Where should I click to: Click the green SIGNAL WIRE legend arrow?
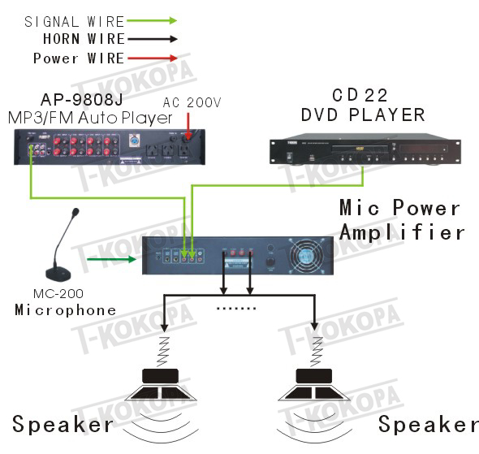pyautogui.click(x=152, y=21)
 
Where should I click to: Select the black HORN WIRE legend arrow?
pyautogui.click(x=153, y=39)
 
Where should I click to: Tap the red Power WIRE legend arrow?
pyautogui.click(x=153, y=58)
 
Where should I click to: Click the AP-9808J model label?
pyautogui.click(x=81, y=99)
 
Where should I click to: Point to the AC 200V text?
pyautogui.click(x=192, y=102)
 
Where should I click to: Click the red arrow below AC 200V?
pyautogui.click(x=188, y=126)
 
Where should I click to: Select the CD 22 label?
pyautogui.click(x=360, y=95)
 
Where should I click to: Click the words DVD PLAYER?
pyautogui.click(x=363, y=115)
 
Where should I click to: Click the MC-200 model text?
pyautogui.click(x=58, y=294)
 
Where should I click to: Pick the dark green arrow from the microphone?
pyautogui.click(x=111, y=259)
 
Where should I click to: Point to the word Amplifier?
pyautogui.click(x=402, y=232)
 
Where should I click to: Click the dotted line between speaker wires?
pyautogui.click(x=235, y=309)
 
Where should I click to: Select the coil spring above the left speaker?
pyautogui.click(x=163, y=352)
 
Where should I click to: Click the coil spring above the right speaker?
pyautogui.click(x=317, y=352)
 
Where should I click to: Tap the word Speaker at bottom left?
pyautogui.click(x=63, y=425)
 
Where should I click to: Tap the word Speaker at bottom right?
pyautogui.click(x=429, y=425)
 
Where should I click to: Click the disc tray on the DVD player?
pyautogui.click(x=360, y=149)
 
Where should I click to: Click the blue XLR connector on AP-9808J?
pyautogui.click(x=133, y=141)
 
